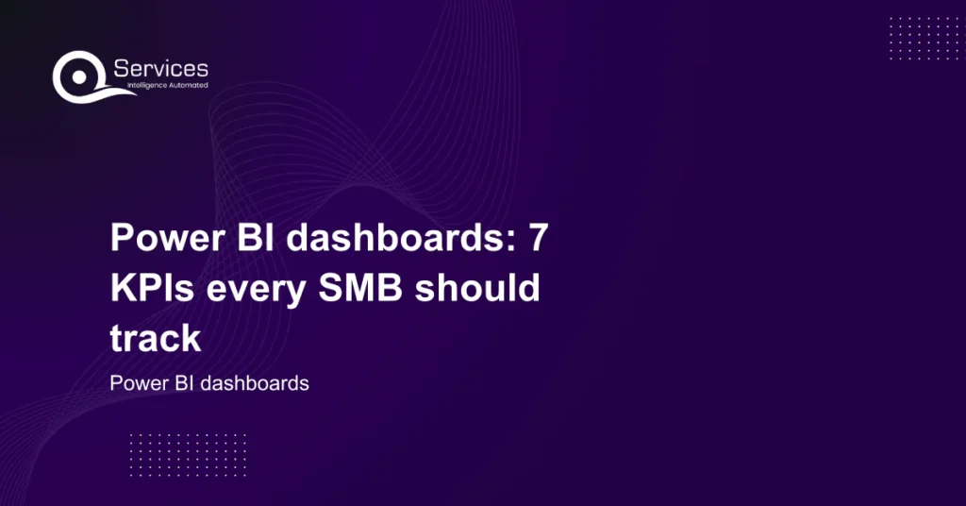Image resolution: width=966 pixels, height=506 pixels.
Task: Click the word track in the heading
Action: [x=156, y=338]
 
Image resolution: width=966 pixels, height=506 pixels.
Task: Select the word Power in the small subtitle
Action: [x=133, y=384]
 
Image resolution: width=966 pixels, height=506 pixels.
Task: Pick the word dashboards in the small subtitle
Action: [x=250, y=384]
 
